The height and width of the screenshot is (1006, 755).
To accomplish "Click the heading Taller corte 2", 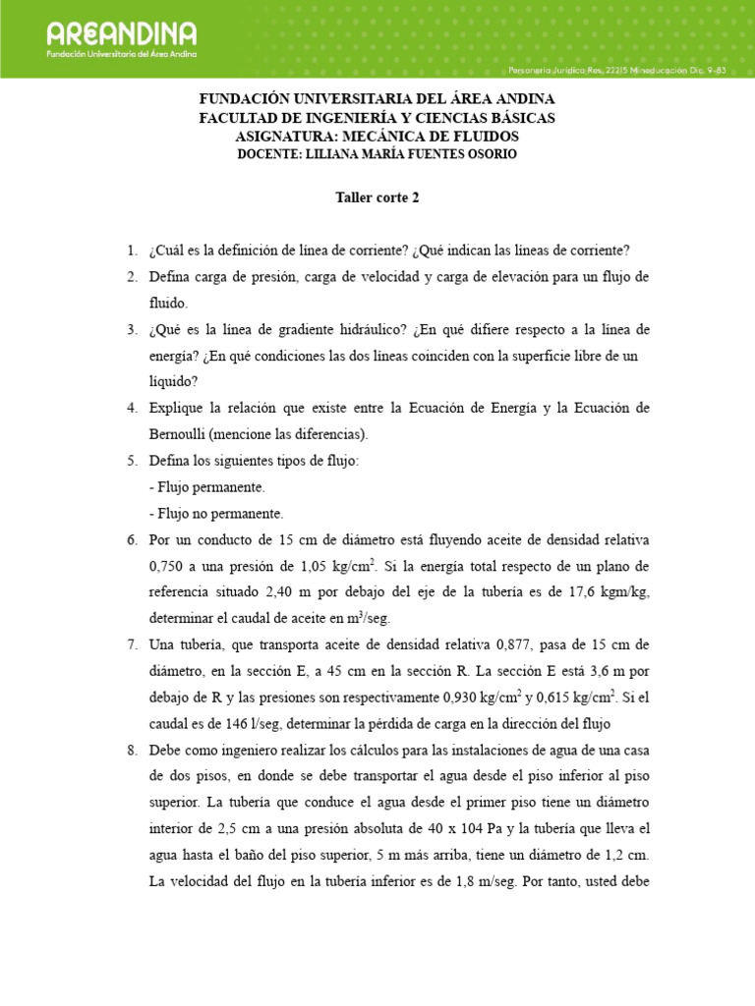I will click(x=377, y=196).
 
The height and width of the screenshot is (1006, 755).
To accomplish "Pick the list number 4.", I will click(x=132, y=407).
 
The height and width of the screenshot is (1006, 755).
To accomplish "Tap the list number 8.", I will click(x=132, y=750).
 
